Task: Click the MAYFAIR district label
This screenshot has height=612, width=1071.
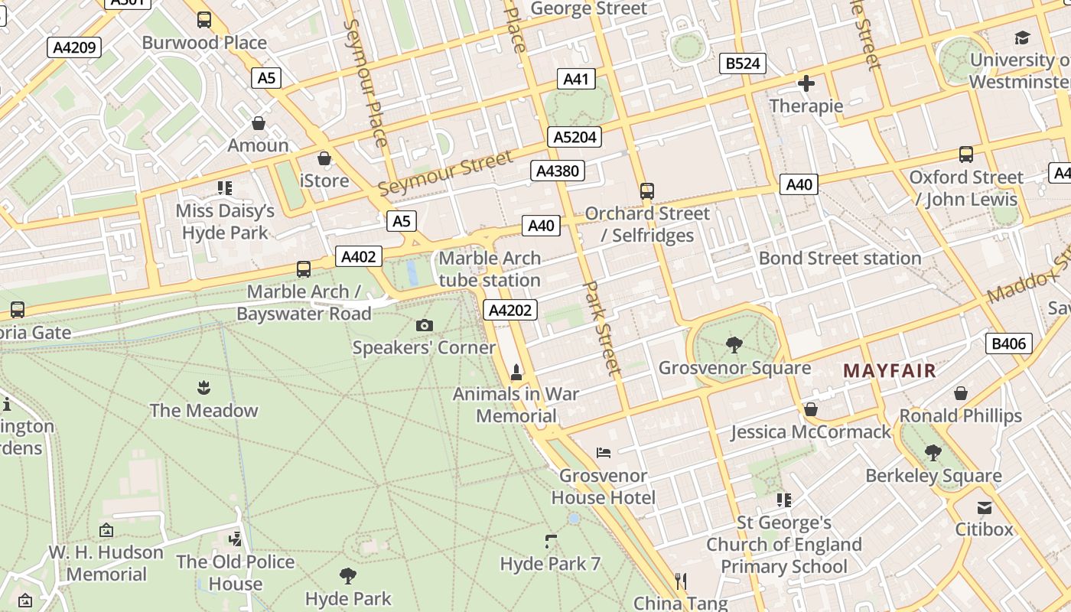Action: pyautogui.click(x=889, y=372)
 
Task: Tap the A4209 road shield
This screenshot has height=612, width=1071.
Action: pyautogui.click(x=74, y=47)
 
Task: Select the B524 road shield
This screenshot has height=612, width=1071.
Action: pyautogui.click(x=743, y=63)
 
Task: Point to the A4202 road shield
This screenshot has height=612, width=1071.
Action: pyautogui.click(x=511, y=310)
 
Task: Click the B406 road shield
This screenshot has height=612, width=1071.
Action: pyautogui.click(x=1008, y=343)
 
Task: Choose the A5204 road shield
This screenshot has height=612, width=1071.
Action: pyautogui.click(x=575, y=137)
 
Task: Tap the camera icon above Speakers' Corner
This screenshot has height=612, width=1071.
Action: pyautogui.click(x=425, y=326)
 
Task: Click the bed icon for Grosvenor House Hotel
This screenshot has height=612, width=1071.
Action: pyautogui.click(x=604, y=453)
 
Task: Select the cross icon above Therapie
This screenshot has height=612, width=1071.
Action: pyautogui.click(x=806, y=83)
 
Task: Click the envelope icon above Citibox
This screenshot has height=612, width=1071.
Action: pyautogui.click(x=984, y=507)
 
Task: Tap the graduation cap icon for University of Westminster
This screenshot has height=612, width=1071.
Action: pyautogui.click(x=1022, y=37)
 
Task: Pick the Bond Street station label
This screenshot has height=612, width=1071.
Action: pyautogui.click(x=839, y=259)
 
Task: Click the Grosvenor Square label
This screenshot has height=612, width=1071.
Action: pyautogui.click(x=734, y=368)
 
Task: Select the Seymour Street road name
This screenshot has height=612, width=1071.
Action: pyautogui.click(x=444, y=173)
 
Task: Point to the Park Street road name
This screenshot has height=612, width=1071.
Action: pyautogui.click(x=601, y=327)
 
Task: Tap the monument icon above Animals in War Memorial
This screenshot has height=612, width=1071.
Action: pyautogui.click(x=516, y=373)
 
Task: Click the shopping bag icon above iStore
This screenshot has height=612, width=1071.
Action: pyautogui.click(x=324, y=158)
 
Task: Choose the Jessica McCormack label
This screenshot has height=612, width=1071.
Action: pyautogui.click(x=810, y=432)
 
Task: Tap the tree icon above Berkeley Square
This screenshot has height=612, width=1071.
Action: pyautogui.click(x=933, y=453)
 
